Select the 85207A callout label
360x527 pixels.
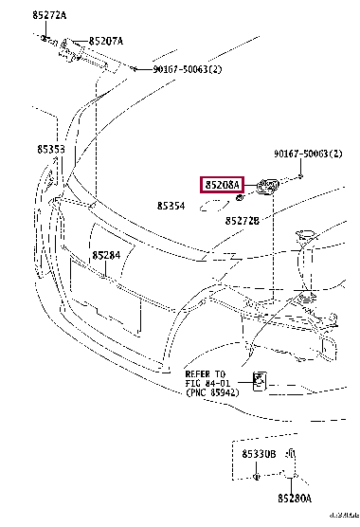[x=106, y=42]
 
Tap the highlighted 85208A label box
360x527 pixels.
[x=221, y=185]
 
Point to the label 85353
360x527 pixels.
[x=51, y=150]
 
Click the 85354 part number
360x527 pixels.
[x=171, y=205]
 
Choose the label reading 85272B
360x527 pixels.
[x=243, y=220]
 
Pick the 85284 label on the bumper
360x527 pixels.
[x=106, y=256]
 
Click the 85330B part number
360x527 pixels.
[x=258, y=455]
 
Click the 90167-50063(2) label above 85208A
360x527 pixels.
[x=308, y=154]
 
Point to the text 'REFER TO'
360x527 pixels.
[x=205, y=373]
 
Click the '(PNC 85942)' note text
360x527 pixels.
[x=212, y=391]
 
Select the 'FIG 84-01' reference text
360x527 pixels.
[x=206, y=382]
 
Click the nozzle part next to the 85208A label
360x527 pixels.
[x=265, y=187]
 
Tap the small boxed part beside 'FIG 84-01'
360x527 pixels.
[x=259, y=382]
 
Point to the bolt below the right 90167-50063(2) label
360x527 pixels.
[x=299, y=176]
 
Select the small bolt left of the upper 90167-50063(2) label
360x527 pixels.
[x=135, y=69]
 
